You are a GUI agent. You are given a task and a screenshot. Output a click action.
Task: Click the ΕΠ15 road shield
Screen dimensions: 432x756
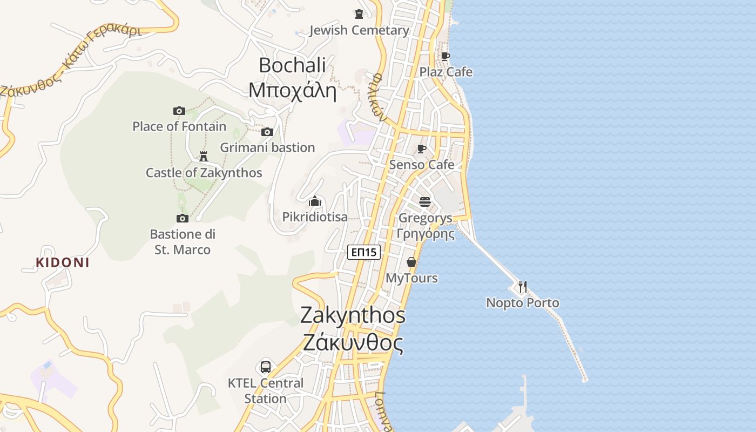(364, 252)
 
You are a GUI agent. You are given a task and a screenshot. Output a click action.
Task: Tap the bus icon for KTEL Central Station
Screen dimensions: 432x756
(265, 367)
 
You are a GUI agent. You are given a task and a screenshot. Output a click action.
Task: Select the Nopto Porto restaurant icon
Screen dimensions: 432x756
(522, 287)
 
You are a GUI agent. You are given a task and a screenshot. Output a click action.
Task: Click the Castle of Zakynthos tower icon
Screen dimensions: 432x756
(204, 157)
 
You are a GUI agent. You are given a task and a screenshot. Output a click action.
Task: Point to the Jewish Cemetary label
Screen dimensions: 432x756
(359, 30)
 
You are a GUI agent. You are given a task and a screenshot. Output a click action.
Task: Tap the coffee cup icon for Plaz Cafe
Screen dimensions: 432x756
(446, 56)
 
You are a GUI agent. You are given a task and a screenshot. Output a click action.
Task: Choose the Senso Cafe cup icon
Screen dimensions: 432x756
(422, 148)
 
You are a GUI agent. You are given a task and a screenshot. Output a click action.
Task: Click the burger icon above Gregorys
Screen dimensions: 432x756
(425, 202)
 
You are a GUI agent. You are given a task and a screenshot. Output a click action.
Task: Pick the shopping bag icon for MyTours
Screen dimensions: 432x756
(411, 262)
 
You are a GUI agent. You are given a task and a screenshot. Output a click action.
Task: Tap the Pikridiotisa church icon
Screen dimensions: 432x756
(315, 201)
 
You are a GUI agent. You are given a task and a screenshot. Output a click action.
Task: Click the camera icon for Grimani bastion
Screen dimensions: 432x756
(267, 132)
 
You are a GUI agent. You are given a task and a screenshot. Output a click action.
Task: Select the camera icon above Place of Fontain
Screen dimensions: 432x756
(179, 111)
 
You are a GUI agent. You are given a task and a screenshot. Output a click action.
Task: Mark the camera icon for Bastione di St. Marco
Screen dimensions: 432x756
(183, 218)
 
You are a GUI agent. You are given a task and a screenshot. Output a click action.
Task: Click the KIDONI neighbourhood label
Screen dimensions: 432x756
(63, 263)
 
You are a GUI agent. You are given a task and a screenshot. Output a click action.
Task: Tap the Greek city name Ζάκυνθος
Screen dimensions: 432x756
(353, 342)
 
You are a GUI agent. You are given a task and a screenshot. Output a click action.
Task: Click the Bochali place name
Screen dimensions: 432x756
(292, 65)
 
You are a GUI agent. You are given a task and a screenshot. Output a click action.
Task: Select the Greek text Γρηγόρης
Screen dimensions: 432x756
(425, 234)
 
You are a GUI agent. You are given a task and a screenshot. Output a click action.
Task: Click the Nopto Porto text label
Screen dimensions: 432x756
(522, 303)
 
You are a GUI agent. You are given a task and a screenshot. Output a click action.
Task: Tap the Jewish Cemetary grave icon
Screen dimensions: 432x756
(359, 14)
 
